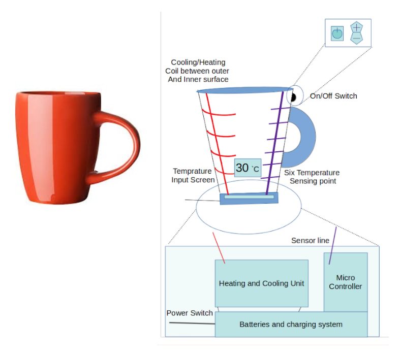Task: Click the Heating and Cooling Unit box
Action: click(x=261, y=283)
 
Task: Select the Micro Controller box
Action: click(x=346, y=282)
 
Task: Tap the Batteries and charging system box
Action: click(x=291, y=324)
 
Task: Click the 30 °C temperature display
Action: click(x=248, y=168)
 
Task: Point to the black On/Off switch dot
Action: click(x=293, y=97)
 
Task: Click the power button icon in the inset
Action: click(x=337, y=34)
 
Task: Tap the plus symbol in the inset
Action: click(x=356, y=27)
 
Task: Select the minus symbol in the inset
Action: click(x=356, y=39)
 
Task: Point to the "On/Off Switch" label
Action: click(x=333, y=96)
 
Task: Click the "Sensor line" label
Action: click(x=310, y=241)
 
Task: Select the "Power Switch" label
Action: click(x=190, y=313)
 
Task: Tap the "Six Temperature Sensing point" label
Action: click(x=312, y=177)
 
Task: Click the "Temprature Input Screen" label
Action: click(x=193, y=176)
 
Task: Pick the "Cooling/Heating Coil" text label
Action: click(x=197, y=71)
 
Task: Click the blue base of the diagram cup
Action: click(x=249, y=198)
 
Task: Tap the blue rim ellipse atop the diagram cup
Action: click(x=245, y=90)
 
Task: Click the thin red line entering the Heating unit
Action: click(x=219, y=248)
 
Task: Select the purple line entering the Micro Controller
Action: click(x=333, y=246)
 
